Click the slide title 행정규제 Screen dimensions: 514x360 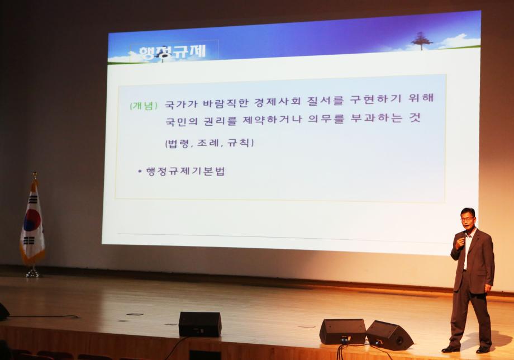point(172,53)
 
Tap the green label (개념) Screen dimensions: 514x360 point(144,106)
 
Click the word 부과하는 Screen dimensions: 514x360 point(377,118)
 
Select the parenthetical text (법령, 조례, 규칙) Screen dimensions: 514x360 point(209,143)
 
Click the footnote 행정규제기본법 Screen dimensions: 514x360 point(185,172)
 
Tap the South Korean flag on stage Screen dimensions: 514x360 point(32,223)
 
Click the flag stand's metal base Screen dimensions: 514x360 point(32,273)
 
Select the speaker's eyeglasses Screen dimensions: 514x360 point(467,219)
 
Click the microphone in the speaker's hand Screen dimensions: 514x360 point(462,236)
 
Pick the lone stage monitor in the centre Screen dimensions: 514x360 point(200,324)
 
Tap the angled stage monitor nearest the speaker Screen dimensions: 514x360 point(389,335)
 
